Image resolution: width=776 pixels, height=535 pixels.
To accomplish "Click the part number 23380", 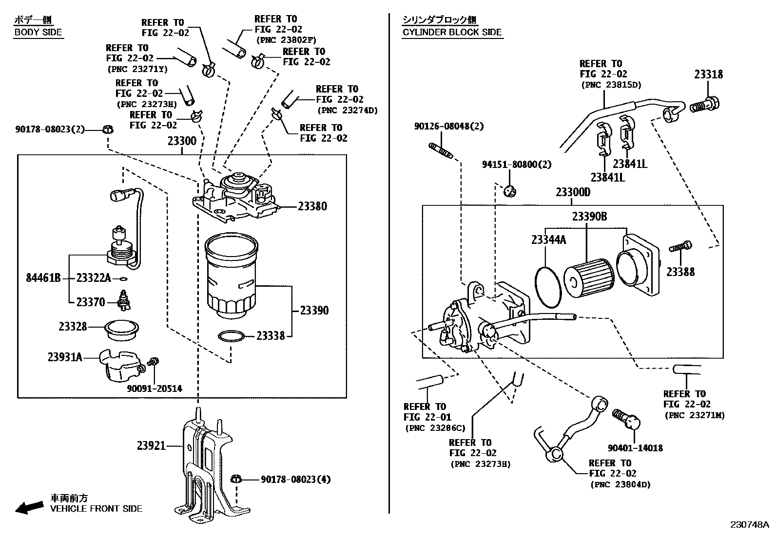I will (x=312, y=206).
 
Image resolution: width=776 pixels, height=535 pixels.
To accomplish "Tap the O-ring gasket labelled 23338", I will (x=231, y=336).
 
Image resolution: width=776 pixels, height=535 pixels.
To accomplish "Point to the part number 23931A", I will (x=64, y=357).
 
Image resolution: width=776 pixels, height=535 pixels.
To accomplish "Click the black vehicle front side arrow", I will (x=28, y=507).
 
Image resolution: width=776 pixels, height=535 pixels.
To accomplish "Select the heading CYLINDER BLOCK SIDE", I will (x=451, y=32).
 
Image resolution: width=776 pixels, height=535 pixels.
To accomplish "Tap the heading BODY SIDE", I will (x=38, y=32).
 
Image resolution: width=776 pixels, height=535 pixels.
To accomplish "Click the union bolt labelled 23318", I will (x=704, y=105).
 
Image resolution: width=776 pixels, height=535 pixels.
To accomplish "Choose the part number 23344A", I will (x=548, y=240).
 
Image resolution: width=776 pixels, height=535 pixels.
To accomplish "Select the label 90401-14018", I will (x=635, y=448).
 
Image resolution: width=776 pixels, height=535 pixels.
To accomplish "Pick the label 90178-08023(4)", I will (x=295, y=480).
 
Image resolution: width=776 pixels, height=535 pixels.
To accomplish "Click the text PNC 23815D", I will (x=611, y=85).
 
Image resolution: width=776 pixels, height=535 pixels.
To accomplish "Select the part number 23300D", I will (x=573, y=192).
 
